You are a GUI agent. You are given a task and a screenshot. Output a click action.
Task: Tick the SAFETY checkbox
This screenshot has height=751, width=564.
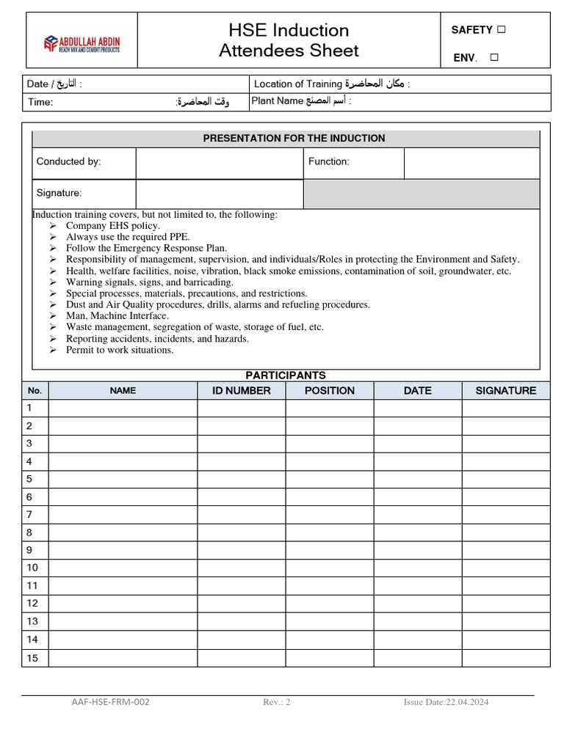click(502, 29)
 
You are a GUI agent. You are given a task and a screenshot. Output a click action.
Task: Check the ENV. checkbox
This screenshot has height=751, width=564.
click(493, 57)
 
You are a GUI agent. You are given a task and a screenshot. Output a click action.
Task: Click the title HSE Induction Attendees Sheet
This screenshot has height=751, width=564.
click(289, 40)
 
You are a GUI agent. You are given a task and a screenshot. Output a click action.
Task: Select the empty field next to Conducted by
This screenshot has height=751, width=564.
click(220, 162)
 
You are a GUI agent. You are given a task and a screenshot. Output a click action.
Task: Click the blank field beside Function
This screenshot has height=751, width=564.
click(471, 162)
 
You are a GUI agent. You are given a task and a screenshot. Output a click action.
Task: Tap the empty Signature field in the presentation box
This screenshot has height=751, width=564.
click(220, 194)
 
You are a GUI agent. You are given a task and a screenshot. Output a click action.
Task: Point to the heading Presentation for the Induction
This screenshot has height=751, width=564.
click(294, 138)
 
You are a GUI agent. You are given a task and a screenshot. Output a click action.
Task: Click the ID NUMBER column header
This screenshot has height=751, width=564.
click(241, 390)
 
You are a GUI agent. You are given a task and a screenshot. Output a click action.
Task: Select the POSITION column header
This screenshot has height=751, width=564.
click(329, 390)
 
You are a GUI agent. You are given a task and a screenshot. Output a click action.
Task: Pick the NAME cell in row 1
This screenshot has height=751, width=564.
click(123, 408)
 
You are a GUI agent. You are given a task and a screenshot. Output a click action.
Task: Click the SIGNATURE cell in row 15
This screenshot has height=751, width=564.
click(505, 658)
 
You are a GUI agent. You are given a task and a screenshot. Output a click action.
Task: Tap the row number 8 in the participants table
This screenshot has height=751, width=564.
click(30, 532)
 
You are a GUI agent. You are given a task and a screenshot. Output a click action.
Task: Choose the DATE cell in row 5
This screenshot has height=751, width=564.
click(417, 479)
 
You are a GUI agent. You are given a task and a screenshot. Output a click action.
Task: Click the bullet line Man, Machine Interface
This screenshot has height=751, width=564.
click(117, 316)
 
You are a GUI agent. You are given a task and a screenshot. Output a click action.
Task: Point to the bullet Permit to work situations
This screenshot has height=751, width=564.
click(120, 350)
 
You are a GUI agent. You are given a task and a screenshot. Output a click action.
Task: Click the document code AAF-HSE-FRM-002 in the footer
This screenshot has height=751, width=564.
click(110, 702)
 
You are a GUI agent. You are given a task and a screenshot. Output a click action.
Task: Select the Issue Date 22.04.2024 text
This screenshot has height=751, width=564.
click(446, 702)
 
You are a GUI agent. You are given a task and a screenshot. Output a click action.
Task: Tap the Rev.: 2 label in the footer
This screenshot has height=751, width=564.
click(277, 702)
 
